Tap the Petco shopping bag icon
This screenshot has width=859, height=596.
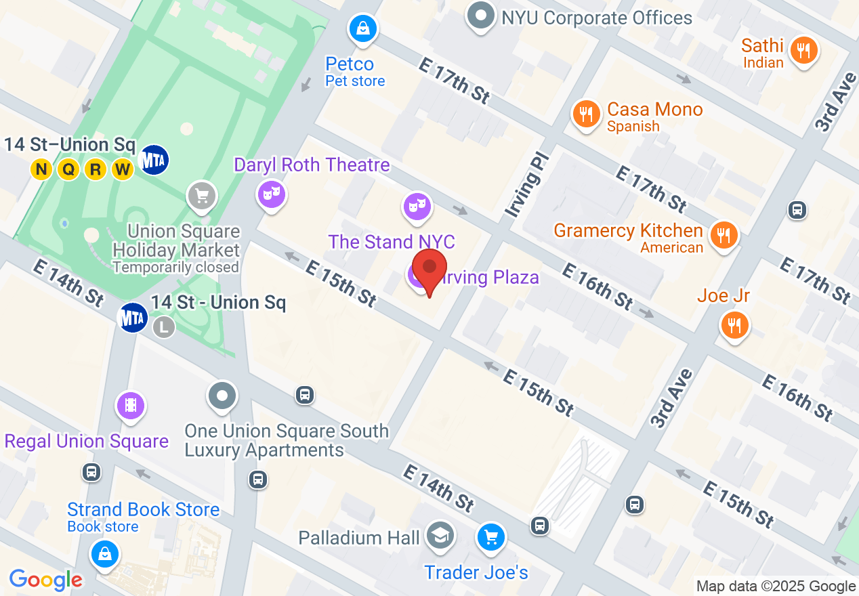click(363, 28)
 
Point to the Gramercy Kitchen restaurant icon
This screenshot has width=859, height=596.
click(724, 235)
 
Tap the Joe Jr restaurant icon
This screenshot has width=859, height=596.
click(734, 324)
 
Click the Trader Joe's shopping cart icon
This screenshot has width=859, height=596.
click(490, 538)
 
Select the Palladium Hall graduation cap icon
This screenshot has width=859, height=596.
click(440, 537)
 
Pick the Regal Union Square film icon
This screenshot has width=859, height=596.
click(131, 406)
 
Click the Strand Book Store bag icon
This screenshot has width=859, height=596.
click(105, 555)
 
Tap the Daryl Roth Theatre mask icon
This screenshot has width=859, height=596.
click(271, 194)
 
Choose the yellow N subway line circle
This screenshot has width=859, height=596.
click(41, 169)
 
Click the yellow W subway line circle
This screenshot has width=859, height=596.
click(123, 169)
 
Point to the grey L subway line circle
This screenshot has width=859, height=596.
click(163, 327)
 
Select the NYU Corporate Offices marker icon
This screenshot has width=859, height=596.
click(481, 16)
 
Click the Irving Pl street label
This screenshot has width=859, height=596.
click(525, 186)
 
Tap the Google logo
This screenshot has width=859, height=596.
click(46, 580)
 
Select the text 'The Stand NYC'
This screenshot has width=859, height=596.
click(392, 242)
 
